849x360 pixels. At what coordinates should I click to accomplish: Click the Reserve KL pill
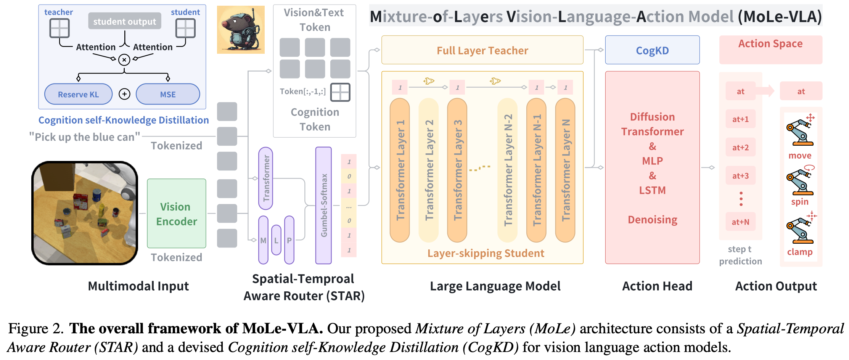(78, 94)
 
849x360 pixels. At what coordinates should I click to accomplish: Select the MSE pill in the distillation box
(168, 94)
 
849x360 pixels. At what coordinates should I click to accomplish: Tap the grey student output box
(124, 21)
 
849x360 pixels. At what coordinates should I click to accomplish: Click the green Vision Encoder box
(176, 214)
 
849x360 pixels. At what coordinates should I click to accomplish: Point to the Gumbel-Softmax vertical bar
(323, 205)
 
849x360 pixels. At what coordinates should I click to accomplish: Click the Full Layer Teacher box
(482, 50)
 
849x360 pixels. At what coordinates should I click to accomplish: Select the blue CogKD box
(652, 50)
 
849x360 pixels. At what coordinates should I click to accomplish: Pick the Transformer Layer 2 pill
(429, 170)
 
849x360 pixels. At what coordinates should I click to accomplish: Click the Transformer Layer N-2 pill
(508, 170)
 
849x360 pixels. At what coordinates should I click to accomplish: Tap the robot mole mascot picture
(241, 29)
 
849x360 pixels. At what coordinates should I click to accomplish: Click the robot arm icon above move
(799, 132)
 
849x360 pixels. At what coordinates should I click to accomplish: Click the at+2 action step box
(740, 147)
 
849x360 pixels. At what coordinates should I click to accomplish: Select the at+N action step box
(740, 222)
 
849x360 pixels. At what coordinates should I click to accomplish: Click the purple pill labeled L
(276, 240)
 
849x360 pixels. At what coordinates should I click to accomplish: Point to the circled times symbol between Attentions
(124, 59)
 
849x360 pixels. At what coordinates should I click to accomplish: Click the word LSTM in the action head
(652, 190)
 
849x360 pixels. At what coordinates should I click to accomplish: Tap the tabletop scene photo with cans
(85, 213)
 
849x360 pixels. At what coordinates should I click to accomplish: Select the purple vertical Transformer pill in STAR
(265, 178)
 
